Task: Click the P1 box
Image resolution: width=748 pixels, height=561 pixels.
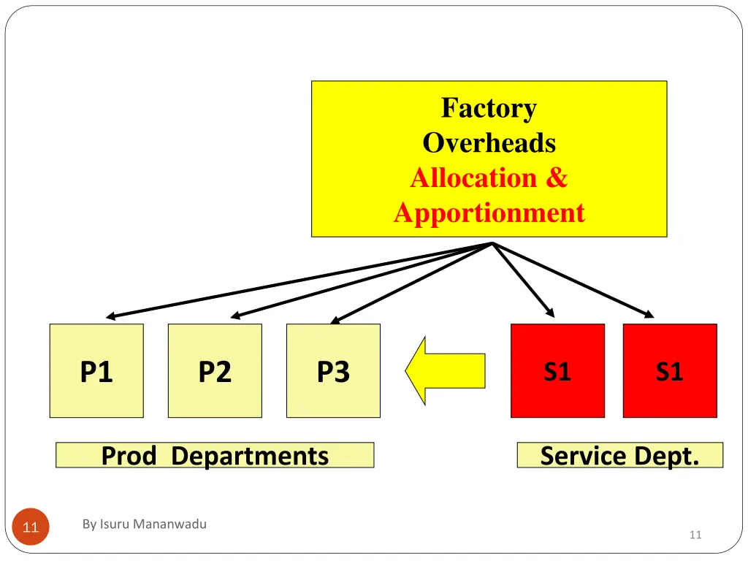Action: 96,371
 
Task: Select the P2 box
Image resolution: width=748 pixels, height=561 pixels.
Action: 215,371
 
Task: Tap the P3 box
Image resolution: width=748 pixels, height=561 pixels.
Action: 333,371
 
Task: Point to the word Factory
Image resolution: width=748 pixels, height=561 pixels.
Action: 489,108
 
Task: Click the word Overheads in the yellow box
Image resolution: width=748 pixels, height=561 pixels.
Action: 489,142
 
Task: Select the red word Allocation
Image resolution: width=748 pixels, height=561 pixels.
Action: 473,178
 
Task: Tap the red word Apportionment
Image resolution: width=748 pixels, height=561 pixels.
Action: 489,213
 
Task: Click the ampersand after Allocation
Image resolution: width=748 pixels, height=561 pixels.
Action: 555,178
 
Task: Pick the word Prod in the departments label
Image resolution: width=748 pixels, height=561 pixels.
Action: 129,456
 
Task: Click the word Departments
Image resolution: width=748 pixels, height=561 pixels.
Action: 250,456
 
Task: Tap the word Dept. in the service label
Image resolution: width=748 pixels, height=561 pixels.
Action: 667,456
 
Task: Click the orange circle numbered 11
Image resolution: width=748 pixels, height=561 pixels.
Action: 31,526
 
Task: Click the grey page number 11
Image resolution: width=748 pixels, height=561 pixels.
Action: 695,535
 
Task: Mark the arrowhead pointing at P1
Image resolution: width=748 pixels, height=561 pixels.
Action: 110,317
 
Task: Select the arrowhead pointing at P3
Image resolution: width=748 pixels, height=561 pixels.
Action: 335,320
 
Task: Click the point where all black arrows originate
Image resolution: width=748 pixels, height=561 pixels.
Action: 493,243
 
